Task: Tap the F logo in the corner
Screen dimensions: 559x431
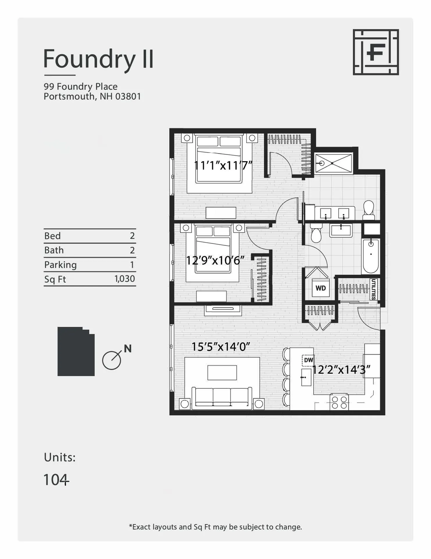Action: [375, 52]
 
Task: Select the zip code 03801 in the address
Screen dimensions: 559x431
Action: [128, 96]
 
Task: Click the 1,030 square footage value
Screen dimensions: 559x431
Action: [125, 279]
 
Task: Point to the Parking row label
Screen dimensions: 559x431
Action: [60, 265]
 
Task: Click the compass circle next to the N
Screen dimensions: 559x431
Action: [111, 361]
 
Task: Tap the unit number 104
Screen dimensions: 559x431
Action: [56, 480]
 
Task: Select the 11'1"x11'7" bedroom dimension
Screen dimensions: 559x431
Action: [223, 165]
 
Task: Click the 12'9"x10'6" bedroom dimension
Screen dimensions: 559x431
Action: [215, 260]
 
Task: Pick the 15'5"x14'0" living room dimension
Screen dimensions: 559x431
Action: [221, 346]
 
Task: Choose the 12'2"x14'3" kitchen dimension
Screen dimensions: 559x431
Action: [341, 370]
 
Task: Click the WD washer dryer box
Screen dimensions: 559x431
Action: [321, 288]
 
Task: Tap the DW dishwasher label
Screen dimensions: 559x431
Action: [308, 360]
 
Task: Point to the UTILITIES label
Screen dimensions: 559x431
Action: [374, 289]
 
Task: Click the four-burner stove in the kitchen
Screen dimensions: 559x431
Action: [339, 402]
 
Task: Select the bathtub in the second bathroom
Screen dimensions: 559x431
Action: [371, 256]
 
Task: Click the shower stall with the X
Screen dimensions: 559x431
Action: [333, 163]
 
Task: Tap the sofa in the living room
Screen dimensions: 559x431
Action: [222, 397]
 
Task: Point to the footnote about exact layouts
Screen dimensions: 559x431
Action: [215, 527]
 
